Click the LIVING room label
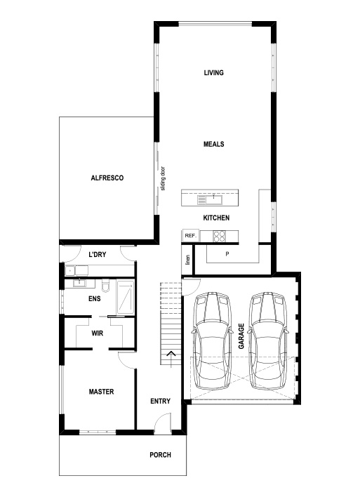click(x=213, y=73)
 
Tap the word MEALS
click(x=213, y=144)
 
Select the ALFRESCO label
click(x=107, y=178)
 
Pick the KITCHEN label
click(x=216, y=218)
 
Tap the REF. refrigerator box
click(x=189, y=236)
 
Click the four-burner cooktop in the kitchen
click(x=220, y=236)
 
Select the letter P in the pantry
click(x=227, y=253)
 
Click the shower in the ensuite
click(x=126, y=296)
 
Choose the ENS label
click(x=94, y=298)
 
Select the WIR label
click(x=98, y=333)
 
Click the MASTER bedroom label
click(x=101, y=391)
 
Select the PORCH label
click(x=160, y=455)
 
